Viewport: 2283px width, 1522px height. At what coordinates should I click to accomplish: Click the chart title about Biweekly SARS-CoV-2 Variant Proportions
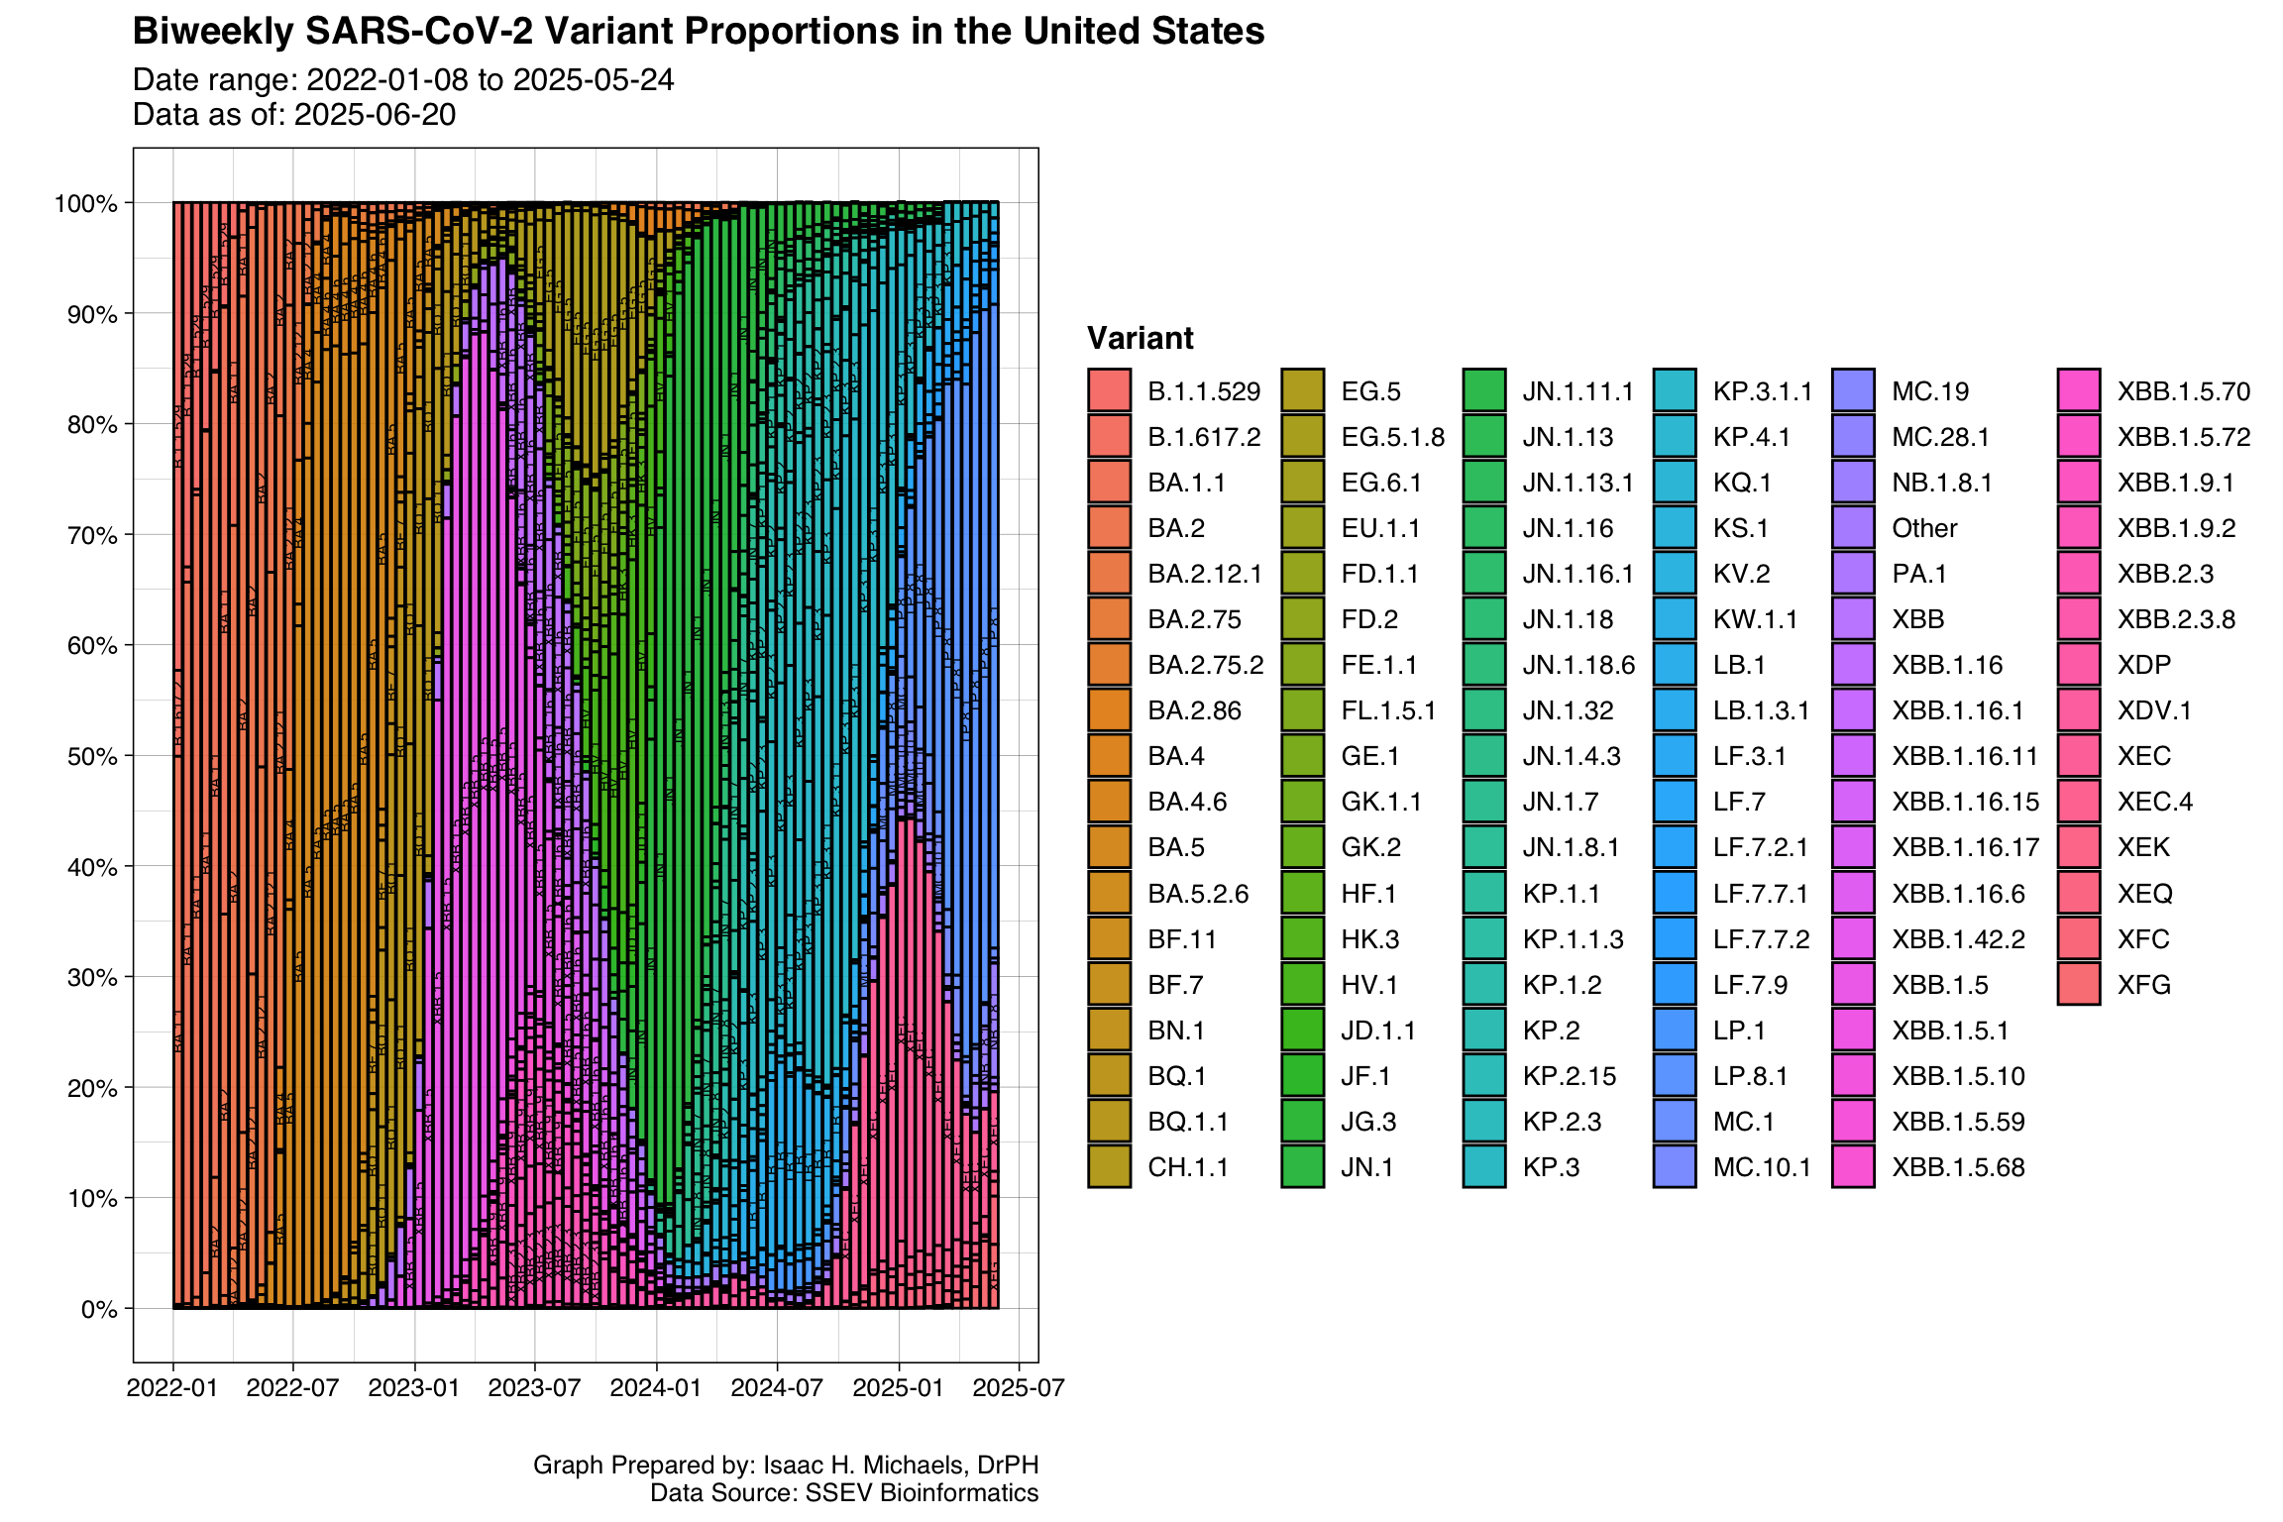698,32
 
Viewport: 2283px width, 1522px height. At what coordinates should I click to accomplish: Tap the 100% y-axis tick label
85,204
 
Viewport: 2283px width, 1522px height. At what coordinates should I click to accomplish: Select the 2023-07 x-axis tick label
534,1387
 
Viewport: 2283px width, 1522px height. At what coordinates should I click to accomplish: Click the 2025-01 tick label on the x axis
898,1387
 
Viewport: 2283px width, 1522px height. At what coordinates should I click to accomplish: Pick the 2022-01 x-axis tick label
172,1387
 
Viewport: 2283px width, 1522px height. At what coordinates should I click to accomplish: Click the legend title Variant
1140,338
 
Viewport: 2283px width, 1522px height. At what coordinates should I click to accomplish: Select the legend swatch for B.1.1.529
1109,390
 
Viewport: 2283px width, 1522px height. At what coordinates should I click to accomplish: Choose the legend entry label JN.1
1366,1167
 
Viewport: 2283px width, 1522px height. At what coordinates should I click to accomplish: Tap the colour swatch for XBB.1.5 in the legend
1853,985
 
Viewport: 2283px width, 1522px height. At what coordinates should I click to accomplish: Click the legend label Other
1924,528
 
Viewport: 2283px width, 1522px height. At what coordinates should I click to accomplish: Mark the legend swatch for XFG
2078,985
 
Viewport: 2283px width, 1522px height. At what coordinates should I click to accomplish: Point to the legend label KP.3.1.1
1762,391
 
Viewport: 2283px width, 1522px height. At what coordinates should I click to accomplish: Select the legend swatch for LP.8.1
1675,1076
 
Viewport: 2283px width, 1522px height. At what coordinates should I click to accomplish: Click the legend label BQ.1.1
1187,1122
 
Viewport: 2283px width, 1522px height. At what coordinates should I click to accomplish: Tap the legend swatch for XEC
2078,756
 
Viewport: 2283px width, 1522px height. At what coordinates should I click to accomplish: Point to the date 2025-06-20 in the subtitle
375,115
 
